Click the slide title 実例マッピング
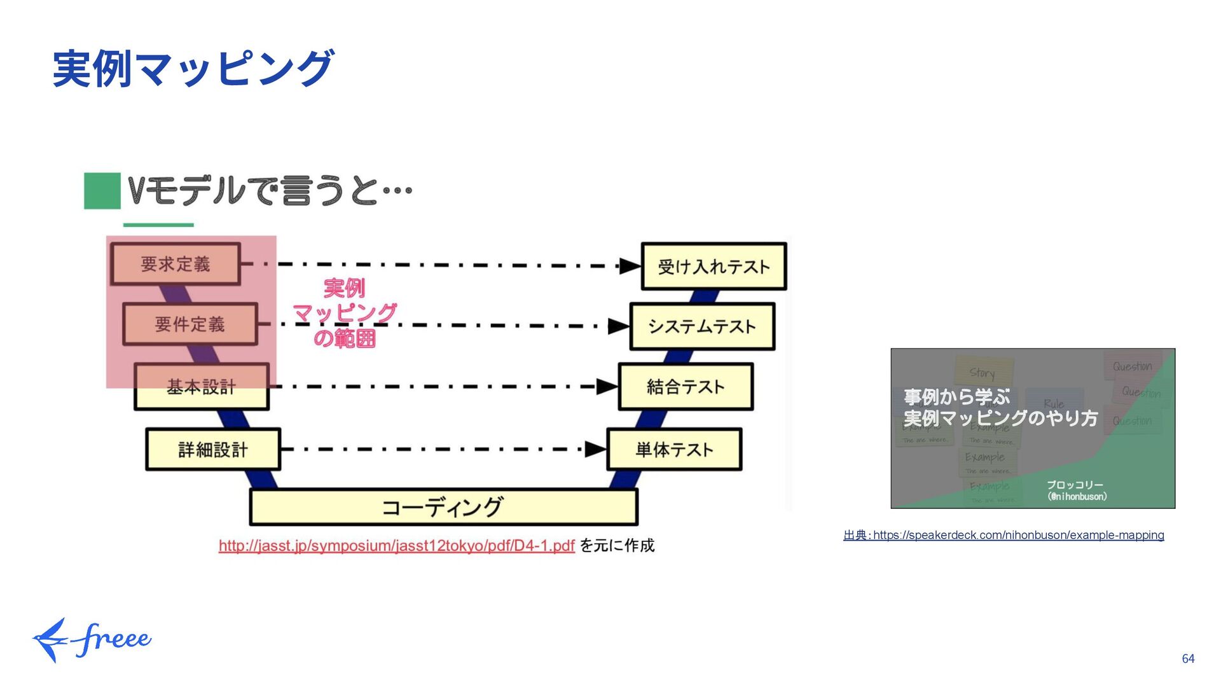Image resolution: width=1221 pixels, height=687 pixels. (x=193, y=69)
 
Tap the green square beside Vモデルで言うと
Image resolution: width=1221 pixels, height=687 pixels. (x=102, y=191)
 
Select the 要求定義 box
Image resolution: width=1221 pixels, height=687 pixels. (x=176, y=264)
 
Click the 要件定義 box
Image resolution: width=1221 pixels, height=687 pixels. (x=190, y=324)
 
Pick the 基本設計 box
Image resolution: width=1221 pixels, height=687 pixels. (x=202, y=387)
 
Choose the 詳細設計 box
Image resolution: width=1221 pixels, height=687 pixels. (x=213, y=450)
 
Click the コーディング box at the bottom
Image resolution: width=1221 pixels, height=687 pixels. (x=443, y=508)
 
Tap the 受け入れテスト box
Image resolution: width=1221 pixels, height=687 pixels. (x=714, y=267)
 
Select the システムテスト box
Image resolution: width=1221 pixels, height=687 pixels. (x=702, y=326)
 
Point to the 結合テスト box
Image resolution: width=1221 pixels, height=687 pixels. (x=686, y=387)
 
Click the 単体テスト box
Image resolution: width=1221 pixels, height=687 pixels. (x=674, y=450)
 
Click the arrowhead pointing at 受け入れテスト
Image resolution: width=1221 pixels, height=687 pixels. (x=630, y=266)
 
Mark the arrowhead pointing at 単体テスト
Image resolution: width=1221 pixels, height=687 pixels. (x=595, y=449)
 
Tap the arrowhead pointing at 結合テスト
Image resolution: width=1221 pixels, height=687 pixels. (x=607, y=386)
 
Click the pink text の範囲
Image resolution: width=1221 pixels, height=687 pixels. (x=345, y=338)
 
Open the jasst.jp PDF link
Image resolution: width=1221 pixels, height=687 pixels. (x=396, y=546)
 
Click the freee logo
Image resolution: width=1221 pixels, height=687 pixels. (x=92, y=639)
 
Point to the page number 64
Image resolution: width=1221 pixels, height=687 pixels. (x=1188, y=659)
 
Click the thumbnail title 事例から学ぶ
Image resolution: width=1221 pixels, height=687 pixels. (x=957, y=397)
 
